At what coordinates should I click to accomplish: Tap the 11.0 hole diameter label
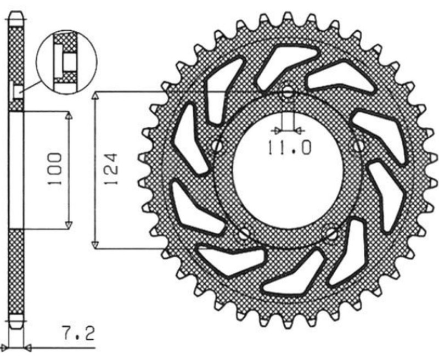pos(289,147)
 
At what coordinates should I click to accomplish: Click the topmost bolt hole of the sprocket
pos(288,94)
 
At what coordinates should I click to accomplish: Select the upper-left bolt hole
pos(218,146)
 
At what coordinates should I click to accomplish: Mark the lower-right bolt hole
pos(331,234)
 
